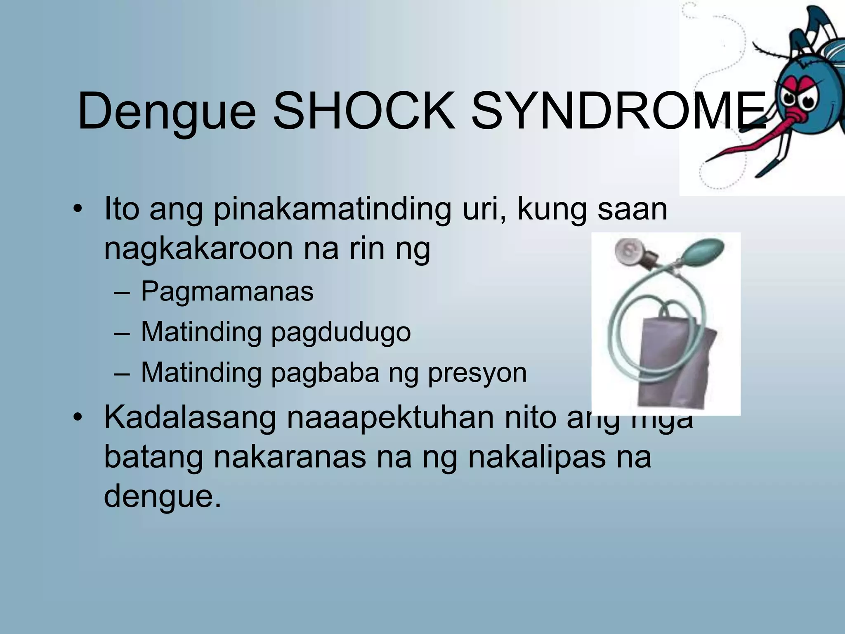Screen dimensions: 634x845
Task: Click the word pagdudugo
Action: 341,333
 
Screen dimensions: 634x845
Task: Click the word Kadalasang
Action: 190,418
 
